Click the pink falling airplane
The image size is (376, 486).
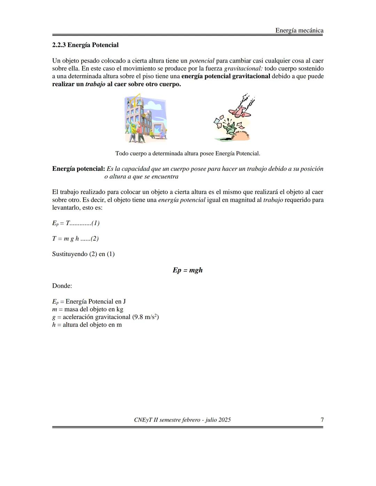pos(240,112)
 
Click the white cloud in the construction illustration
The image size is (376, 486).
pos(154,104)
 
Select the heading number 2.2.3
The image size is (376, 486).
pos(59,45)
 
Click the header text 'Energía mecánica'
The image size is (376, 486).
pos(299,30)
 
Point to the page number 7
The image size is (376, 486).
pos(322,420)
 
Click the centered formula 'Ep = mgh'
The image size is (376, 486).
pos(188,270)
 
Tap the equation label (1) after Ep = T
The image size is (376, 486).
pos(95,223)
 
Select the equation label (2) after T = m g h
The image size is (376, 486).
pos(95,239)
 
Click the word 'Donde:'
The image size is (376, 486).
pos(62,286)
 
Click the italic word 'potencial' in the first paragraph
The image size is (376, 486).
pos(202,61)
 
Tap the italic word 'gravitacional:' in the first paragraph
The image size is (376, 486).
pos(243,69)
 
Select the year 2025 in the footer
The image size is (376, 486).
pos(225,420)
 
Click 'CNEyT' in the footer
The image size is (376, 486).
pos(142,420)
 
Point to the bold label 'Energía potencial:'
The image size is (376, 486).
pos(78,169)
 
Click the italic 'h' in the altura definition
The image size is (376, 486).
pos(54,325)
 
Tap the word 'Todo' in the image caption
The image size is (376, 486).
pos(122,153)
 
